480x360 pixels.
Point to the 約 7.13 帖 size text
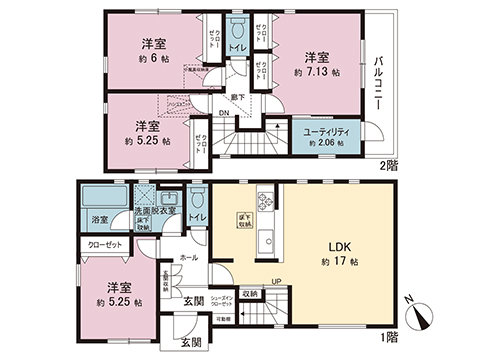click(x=316, y=72)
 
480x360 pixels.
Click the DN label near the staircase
click(x=223, y=113)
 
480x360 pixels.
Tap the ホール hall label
click(x=186, y=257)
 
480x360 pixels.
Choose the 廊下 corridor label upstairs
click(x=236, y=97)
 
